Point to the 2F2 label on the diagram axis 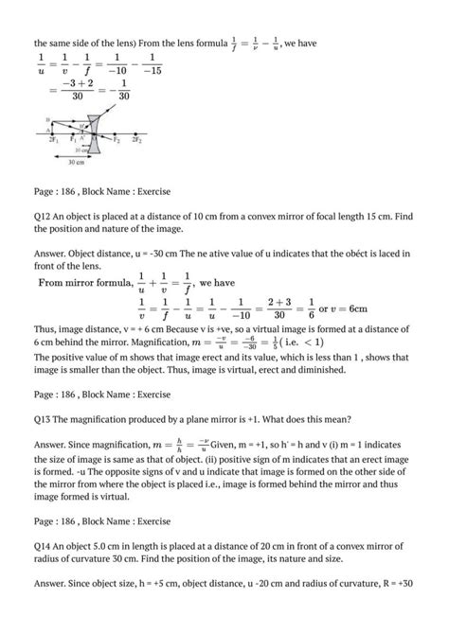click(x=137, y=139)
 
